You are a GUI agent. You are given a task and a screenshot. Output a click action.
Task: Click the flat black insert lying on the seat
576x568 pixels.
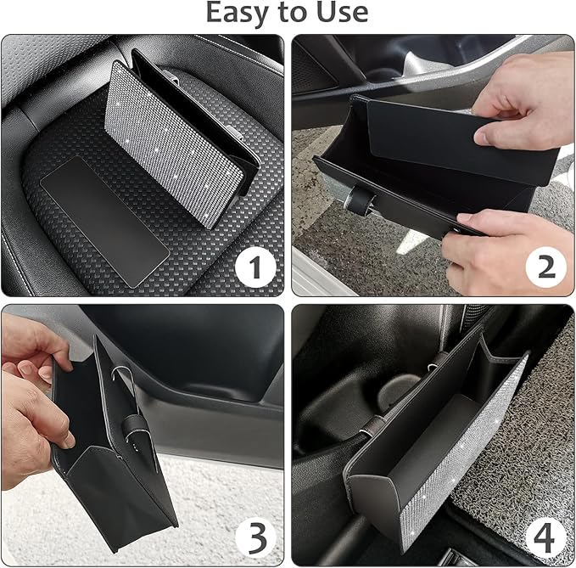pos(102,212)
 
